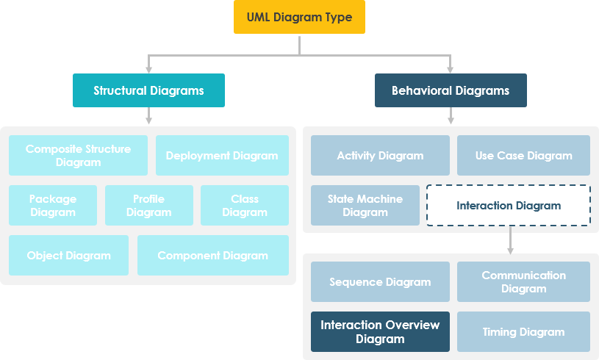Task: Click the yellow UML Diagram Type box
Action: pyautogui.click(x=299, y=17)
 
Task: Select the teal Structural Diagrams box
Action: pyautogui.click(x=148, y=90)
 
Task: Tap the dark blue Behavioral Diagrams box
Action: pyautogui.click(x=450, y=90)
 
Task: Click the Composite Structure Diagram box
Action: pyautogui.click(x=78, y=155)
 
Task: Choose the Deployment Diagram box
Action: pyautogui.click(x=222, y=155)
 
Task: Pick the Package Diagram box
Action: pyautogui.click(x=53, y=205)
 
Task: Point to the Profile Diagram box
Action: pyautogui.click(x=148, y=205)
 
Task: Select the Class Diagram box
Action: pyautogui.click(x=245, y=205)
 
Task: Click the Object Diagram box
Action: pyautogui.click(x=68, y=255)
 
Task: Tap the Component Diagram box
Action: pyautogui.click(x=212, y=255)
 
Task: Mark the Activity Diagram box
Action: pyautogui.click(x=380, y=155)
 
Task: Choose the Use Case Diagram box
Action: pyautogui.click(x=523, y=155)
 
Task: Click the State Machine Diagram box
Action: pyautogui.click(x=365, y=205)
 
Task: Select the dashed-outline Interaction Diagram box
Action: pyautogui.click(x=509, y=205)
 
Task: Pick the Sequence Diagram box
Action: pyautogui.click(x=380, y=281)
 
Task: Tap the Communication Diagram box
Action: pyautogui.click(x=523, y=281)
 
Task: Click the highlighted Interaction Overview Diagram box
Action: pyautogui.click(x=380, y=331)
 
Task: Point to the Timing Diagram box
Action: pyautogui.click(x=523, y=331)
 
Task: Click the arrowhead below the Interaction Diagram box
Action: pyautogui.click(x=510, y=250)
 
